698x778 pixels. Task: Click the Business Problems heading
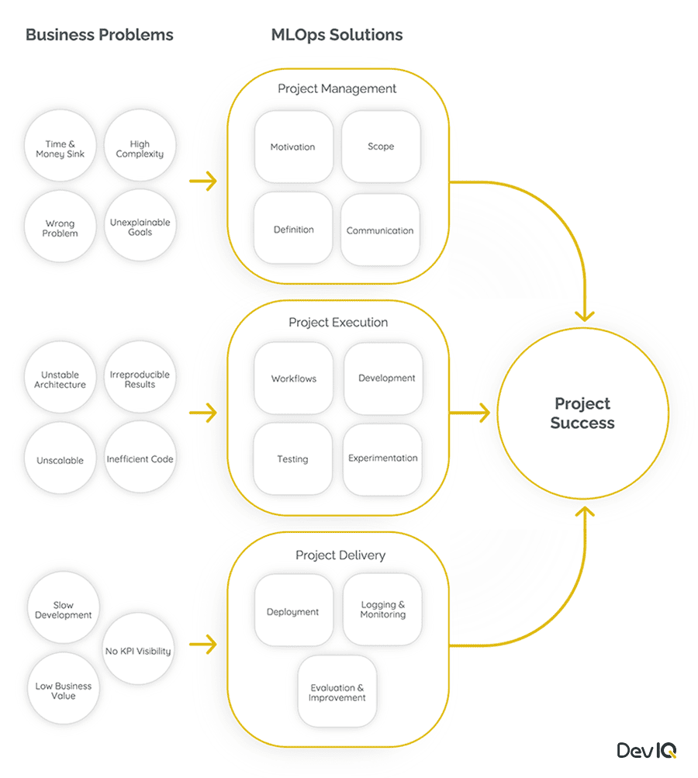tap(99, 35)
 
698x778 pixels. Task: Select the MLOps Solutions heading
tap(337, 35)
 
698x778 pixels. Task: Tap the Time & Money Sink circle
tap(60, 149)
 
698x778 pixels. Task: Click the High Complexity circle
tap(140, 149)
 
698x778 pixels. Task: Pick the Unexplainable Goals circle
tap(140, 227)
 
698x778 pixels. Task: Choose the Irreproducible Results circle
tap(140, 379)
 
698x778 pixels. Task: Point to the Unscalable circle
tap(60, 460)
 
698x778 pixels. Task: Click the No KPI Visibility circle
tap(138, 651)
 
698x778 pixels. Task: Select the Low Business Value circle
tap(64, 690)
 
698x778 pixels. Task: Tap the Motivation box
tap(293, 147)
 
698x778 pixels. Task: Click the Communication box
tap(380, 230)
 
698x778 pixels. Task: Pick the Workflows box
tap(294, 379)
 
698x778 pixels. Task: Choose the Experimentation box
tap(383, 458)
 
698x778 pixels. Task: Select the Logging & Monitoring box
tap(383, 610)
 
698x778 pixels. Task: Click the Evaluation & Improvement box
tap(337, 693)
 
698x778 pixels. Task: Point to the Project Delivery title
tap(340, 555)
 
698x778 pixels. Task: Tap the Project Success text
tap(582, 413)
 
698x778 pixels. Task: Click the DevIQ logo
tap(647, 750)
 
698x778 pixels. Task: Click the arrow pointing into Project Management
tap(203, 182)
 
